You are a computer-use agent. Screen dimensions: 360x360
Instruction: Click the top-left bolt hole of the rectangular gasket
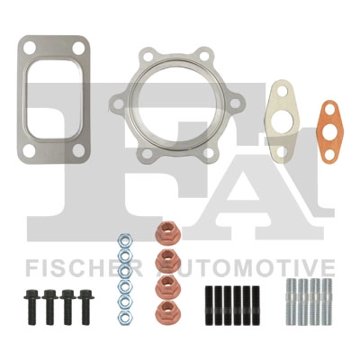pos(30,49)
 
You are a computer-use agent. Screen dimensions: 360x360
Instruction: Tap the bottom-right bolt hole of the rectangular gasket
pos(78,150)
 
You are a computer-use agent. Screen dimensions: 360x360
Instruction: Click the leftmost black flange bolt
pos(31,307)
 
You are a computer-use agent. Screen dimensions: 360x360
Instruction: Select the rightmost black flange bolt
pos(85,307)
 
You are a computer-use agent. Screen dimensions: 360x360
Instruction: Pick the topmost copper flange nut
pos(168,233)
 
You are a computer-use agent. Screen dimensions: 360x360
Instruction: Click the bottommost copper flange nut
pos(168,310)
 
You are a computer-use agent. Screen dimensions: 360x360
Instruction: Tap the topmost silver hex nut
pos(124,241)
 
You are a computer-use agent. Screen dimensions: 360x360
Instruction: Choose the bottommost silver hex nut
pos(124,318)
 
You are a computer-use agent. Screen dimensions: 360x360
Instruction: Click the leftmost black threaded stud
pos(209,305)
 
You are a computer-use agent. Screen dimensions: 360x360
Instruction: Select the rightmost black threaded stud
pos(256,305)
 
